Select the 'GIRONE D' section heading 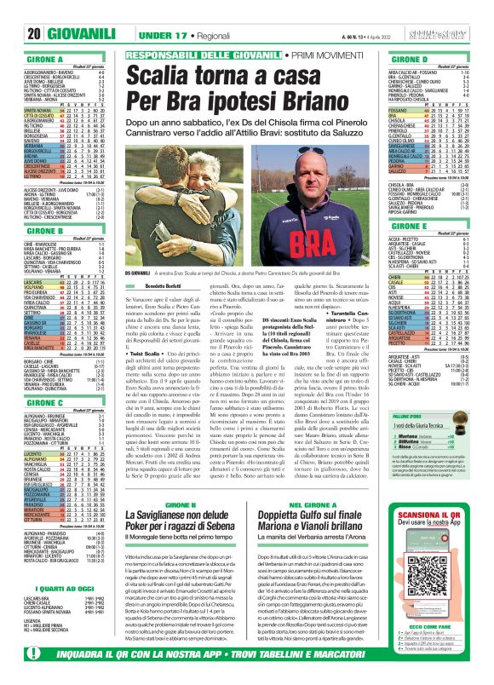click(x=400, y=60)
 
